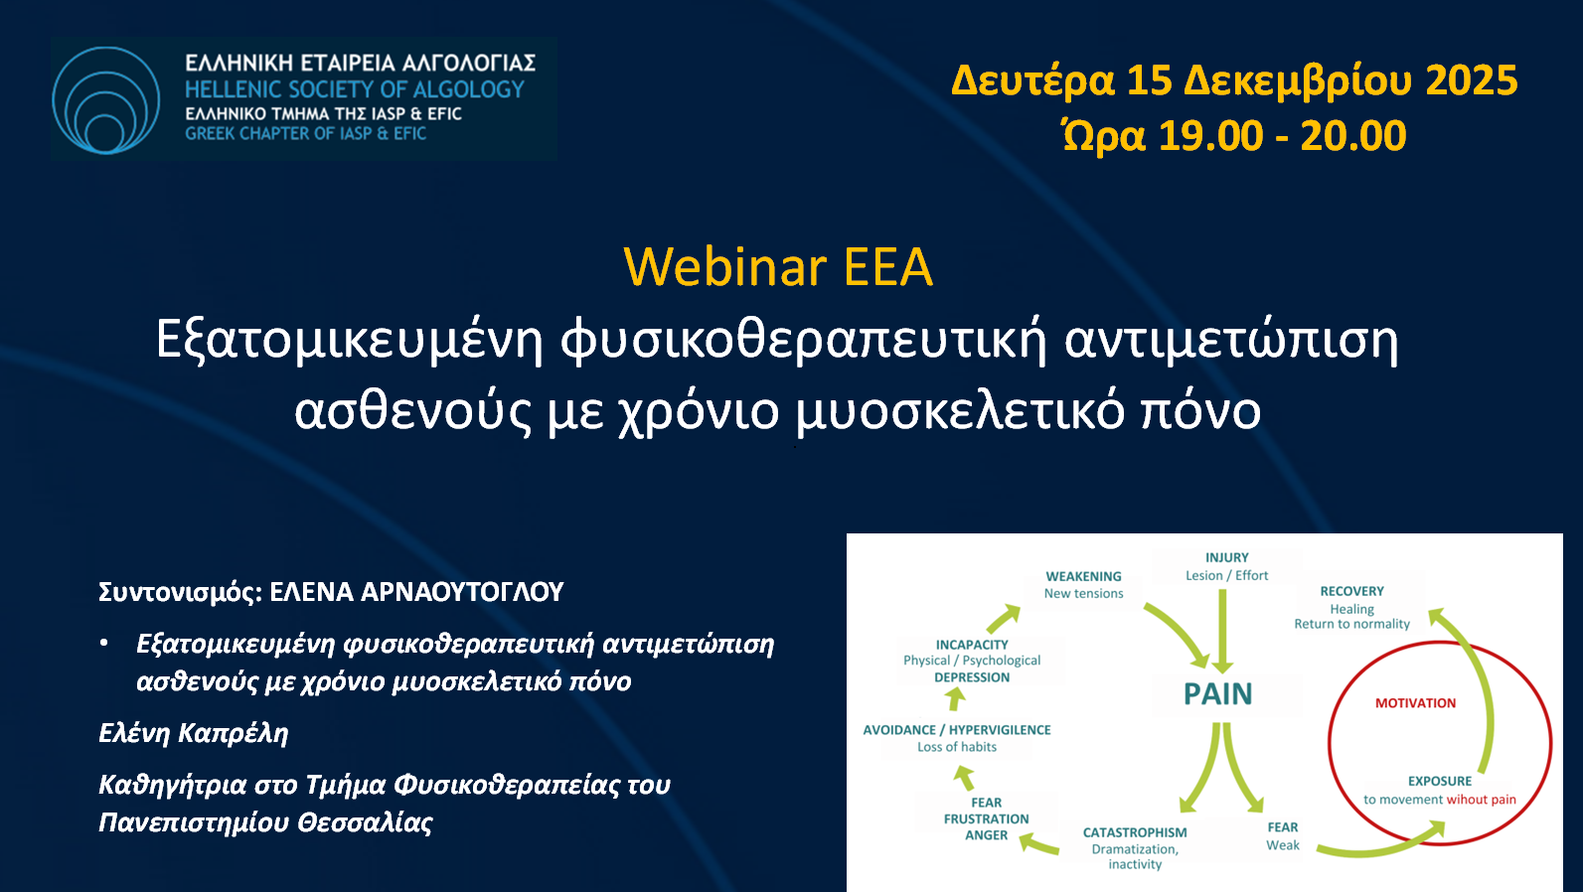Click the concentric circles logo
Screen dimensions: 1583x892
pos(106,100)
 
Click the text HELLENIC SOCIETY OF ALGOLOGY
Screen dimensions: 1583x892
pos(354,89)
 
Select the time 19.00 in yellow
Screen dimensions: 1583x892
pos(1210,135)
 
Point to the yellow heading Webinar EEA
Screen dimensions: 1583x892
pos(778,266)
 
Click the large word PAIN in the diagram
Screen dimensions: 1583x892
pos(1217,693)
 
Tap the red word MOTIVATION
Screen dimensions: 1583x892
pos(1415,702)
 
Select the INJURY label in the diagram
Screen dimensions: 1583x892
pos(1227,557)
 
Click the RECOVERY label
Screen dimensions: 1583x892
pos(1351,591)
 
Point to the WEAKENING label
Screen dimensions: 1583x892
pos(1083,576)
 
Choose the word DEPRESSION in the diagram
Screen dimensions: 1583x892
pos(972,677)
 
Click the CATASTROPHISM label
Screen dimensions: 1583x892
pos(1135,832)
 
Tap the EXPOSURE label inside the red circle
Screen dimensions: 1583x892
pos(1440,781)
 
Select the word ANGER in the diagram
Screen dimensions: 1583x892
pos(987,834)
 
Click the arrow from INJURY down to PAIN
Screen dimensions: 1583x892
pos(1222,631)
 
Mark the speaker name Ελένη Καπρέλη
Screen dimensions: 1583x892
pos(193,734)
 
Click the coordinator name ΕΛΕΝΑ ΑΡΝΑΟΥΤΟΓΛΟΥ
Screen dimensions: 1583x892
pos(417,592)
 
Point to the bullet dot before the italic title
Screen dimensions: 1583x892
pos(104,644)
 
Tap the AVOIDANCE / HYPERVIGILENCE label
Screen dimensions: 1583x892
pos(957,729)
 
